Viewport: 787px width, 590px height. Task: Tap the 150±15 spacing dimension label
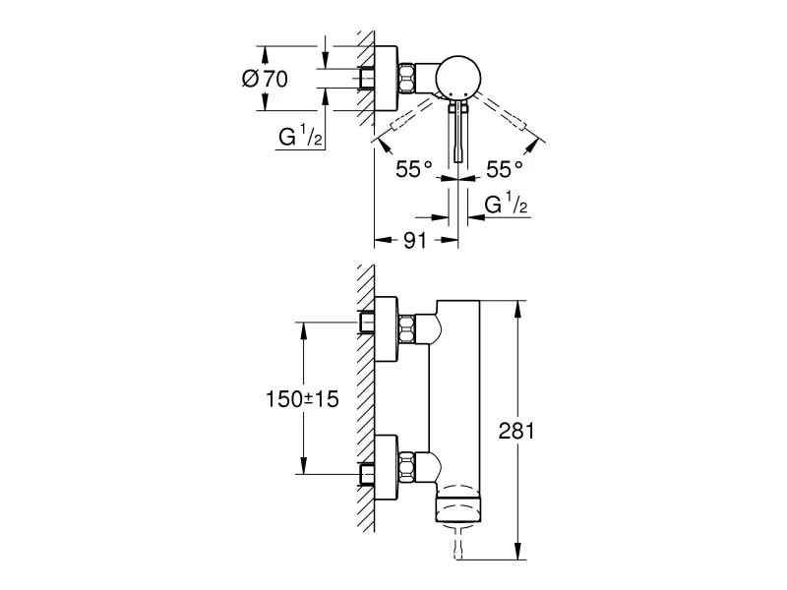coord(301,400)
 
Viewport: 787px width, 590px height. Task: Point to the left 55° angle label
coord(414,170)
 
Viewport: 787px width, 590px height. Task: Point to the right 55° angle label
coord(505,170)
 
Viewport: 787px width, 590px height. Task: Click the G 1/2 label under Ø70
coord(300,137)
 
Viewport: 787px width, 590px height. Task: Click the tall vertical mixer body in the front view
coord(455,393)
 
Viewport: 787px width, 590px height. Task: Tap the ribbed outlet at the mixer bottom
coord(456,510)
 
